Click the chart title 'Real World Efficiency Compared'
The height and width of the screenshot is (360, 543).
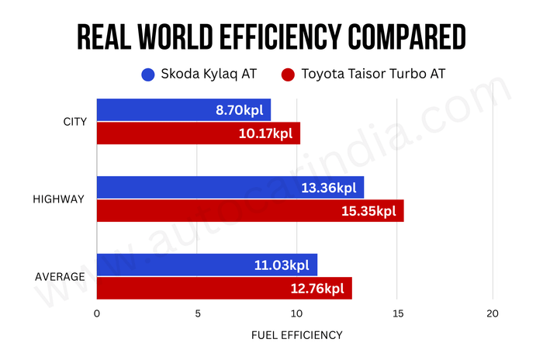pos(271,36)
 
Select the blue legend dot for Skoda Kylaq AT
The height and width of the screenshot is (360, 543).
pos(147,75)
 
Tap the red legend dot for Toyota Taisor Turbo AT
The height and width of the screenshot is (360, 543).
pos(289,75)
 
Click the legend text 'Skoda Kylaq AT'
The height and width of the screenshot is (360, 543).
pos(208,75)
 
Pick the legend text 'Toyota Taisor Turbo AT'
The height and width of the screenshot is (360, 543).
pos(368,75)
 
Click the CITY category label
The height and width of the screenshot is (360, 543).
pos(74,122)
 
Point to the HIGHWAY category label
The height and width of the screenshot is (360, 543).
pos(58,199)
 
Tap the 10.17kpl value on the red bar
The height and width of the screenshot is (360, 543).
pos(265,133)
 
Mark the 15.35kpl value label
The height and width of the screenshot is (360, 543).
pos(368,211)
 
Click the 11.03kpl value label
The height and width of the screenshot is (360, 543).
pos(282,265)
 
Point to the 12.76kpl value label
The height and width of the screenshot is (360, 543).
pos(316,289)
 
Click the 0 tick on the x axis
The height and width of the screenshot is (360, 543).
pos(96,313)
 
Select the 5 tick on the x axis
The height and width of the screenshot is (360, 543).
pos(197,313)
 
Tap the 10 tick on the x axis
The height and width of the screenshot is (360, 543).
pos(296,313)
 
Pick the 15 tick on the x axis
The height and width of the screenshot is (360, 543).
pos(396,313)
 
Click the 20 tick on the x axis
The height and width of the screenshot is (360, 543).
pos(493,313)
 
